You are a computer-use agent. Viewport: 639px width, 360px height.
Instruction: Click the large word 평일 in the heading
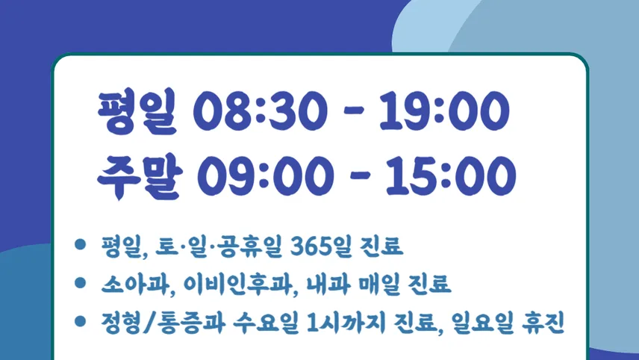pyautogui.click(x=137, y=111)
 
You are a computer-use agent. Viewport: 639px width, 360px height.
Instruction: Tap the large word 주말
pyautogui.click(x=140, y=176)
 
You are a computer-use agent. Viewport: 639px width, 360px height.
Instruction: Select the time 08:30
pyautogui.click(x=261, y=111)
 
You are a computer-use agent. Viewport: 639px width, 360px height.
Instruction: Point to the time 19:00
pyautogui.click(x=444, y=111)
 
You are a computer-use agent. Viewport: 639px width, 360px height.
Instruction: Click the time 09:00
pyautogui.click(x=265, y=176)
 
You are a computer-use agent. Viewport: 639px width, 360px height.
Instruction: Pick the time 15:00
pyautogui.click(x=451, y=176)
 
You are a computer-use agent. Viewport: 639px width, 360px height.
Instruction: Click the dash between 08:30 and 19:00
pyautogui.click(x=353, y=111)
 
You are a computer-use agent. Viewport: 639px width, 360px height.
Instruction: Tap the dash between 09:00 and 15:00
pyautogui.click(x=360, y=176)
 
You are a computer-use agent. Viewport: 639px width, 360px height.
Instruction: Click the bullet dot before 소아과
pyautogui.click(x=81, y=282)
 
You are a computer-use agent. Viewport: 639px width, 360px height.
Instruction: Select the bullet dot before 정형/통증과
pyautogui.click(x=81, y=321)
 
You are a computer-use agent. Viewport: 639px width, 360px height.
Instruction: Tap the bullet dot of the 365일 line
pyautogui.click(x=81, y=244)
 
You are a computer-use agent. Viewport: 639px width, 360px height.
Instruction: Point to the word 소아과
pyautogui.click(x=135, y=284)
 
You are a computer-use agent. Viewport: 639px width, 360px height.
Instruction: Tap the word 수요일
pyautogui.click(x=266, y=323)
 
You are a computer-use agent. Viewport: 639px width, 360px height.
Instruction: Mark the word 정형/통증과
pyautogui.click(x=163, y=323)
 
